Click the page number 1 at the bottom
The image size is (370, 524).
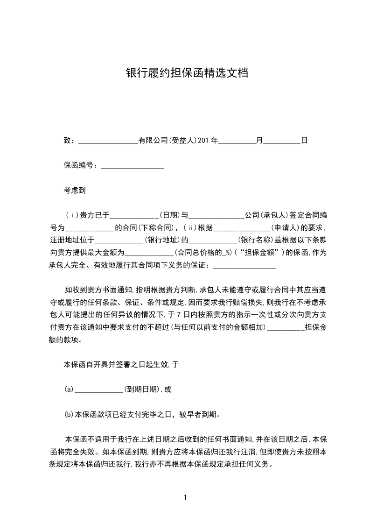point(185,497)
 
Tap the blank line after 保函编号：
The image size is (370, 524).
point(133,165)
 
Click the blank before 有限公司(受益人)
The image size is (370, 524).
point(108,141)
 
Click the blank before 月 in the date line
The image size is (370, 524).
point(237,141)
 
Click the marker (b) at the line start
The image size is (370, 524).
point(69,414)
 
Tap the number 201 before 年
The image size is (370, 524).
point(204,140)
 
